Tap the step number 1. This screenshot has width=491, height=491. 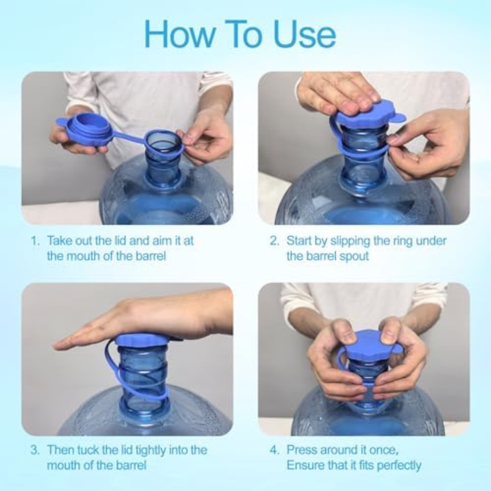point(35,241)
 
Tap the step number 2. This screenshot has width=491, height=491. point(274,241)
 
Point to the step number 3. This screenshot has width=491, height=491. point(35,451)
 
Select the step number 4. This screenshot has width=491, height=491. point(274,451)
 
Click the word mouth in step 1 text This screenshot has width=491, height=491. point(85,256)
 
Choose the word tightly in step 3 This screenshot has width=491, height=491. point(144,451)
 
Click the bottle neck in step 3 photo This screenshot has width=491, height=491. point(143,371)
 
